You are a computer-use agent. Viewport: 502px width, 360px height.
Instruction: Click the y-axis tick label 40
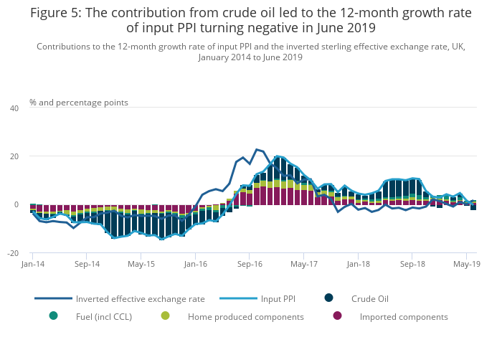pyautogui.click(x=14, y=108)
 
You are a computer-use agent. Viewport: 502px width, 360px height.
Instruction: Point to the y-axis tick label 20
pyautogui.click(x=14, y=156)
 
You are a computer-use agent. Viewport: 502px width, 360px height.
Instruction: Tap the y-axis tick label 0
pyautogui.click(x=16, y=205)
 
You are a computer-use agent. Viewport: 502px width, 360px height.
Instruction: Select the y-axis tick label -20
pyautogui.click(x=13, y=254)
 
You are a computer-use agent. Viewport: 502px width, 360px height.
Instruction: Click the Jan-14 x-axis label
pyautogui.click(x=32, y=264)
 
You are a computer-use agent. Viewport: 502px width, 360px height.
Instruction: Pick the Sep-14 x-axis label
pyautogui.click(x=86, y=264)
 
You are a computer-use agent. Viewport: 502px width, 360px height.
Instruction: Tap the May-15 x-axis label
pyautogui.click(x=141, y=264)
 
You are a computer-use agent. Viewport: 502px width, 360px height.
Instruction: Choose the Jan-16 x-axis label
pyautogui.click(x=195, y=264)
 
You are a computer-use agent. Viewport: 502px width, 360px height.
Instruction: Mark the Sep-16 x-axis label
pyautogui.click(x=249, y=264)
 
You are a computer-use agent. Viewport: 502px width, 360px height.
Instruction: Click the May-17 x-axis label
pyautogui.click(x=303, y=264)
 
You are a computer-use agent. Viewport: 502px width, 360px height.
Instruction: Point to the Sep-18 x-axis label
pyautogui.click(x=412, y=264)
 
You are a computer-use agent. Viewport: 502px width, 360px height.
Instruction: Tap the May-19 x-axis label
pyautogui.click(x=466, y=264)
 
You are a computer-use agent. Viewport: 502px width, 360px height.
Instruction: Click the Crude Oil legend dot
pyautogui.click(x=328, y=298)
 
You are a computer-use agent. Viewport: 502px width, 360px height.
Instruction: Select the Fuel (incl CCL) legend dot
pyautogui.click(x=53, y=316)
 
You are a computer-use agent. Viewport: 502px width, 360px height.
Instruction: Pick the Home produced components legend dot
pyautogui.click(x=166, y=316)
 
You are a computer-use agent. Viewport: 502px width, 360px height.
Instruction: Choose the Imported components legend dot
pyautogui.click(x=338, y=316)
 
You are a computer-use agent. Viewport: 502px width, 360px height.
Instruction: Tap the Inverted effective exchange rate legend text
pyautogui.click(x=140, y=299)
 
